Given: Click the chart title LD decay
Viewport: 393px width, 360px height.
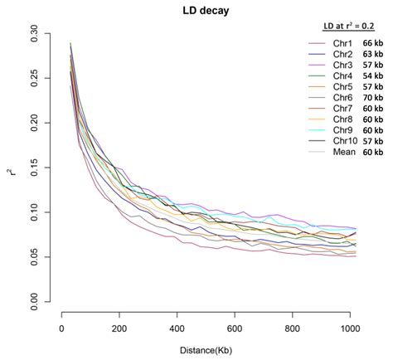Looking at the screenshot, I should point(206,10).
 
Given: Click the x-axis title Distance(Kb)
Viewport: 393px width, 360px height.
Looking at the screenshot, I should point(206,351).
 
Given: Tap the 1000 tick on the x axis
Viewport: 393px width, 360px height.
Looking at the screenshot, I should point(350,327).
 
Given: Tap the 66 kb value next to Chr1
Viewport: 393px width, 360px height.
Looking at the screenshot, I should point(372,43).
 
